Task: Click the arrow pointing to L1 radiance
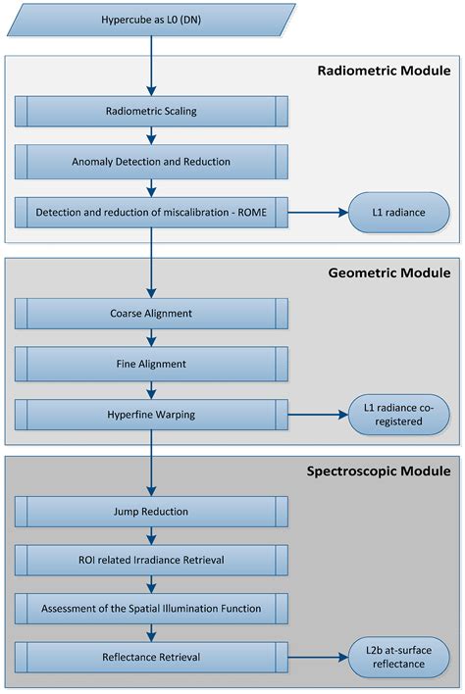click(319, 212)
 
